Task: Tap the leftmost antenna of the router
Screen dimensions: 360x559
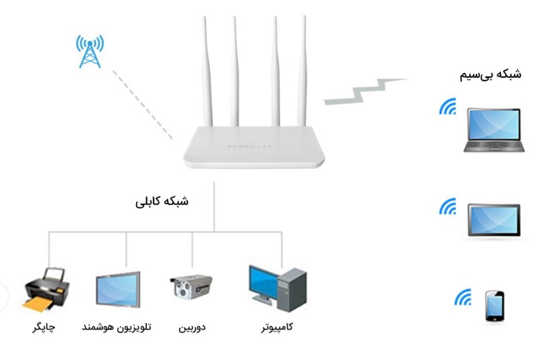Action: (x=206, y=74)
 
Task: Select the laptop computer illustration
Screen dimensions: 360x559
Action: (x=493, y=130)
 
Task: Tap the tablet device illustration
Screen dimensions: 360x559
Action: (x=494, y=220)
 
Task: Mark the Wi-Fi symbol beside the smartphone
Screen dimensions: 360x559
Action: (x=463, y=296)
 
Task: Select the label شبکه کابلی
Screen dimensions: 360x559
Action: (x=162, y=201)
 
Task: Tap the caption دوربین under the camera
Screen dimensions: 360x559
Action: (x=192, y=328)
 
